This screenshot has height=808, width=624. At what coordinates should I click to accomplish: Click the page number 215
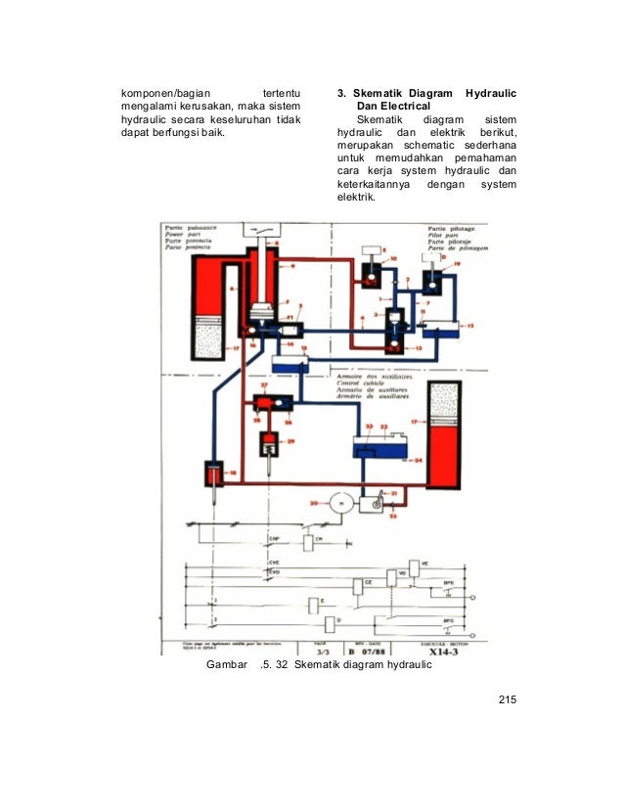tap(506, 699)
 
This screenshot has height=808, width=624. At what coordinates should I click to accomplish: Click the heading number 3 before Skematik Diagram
tap(339, 93)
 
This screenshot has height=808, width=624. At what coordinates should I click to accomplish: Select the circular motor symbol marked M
tap(340, 502)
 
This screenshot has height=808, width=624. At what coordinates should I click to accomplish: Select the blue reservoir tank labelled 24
tap(386, 452)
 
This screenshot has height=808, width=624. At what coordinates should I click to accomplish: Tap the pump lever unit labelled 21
tap(373, 503)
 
